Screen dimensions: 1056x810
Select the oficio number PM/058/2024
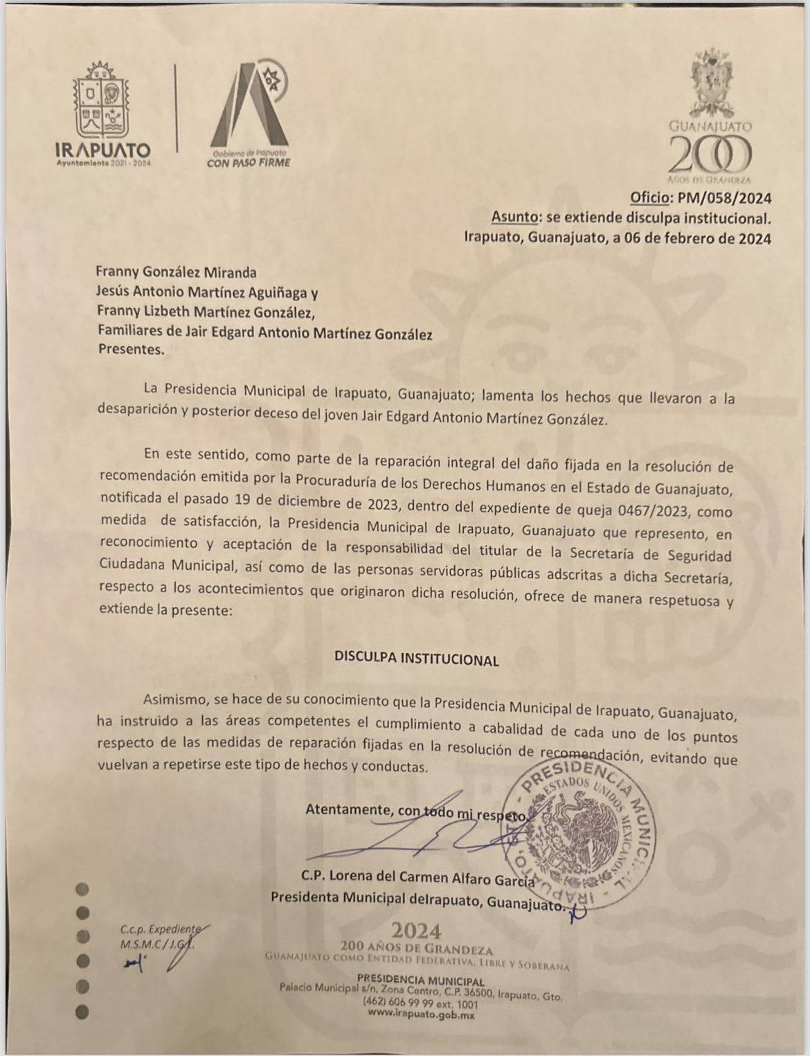[724, 199]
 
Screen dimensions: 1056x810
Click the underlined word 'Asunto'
[514, 217]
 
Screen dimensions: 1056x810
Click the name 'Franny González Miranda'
[177, 272]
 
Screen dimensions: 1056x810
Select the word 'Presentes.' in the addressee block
[132, 349]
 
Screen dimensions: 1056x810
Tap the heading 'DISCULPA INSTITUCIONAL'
[416, 659]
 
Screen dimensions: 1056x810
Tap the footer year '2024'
[416, 929]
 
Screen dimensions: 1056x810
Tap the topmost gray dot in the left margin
[83, 888]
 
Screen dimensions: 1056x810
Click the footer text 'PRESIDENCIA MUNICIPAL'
[420, 981]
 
